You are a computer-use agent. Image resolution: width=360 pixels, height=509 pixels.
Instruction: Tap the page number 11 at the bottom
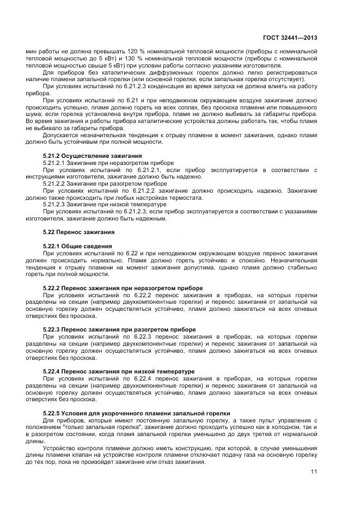314,471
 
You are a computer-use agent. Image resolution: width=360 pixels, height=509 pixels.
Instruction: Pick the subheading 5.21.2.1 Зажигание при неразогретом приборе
108,163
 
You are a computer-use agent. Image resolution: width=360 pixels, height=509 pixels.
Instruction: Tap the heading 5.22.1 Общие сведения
77,246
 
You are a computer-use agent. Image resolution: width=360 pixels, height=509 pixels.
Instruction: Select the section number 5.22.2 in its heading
51,287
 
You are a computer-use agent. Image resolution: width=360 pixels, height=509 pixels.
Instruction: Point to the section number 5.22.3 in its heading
51,329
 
